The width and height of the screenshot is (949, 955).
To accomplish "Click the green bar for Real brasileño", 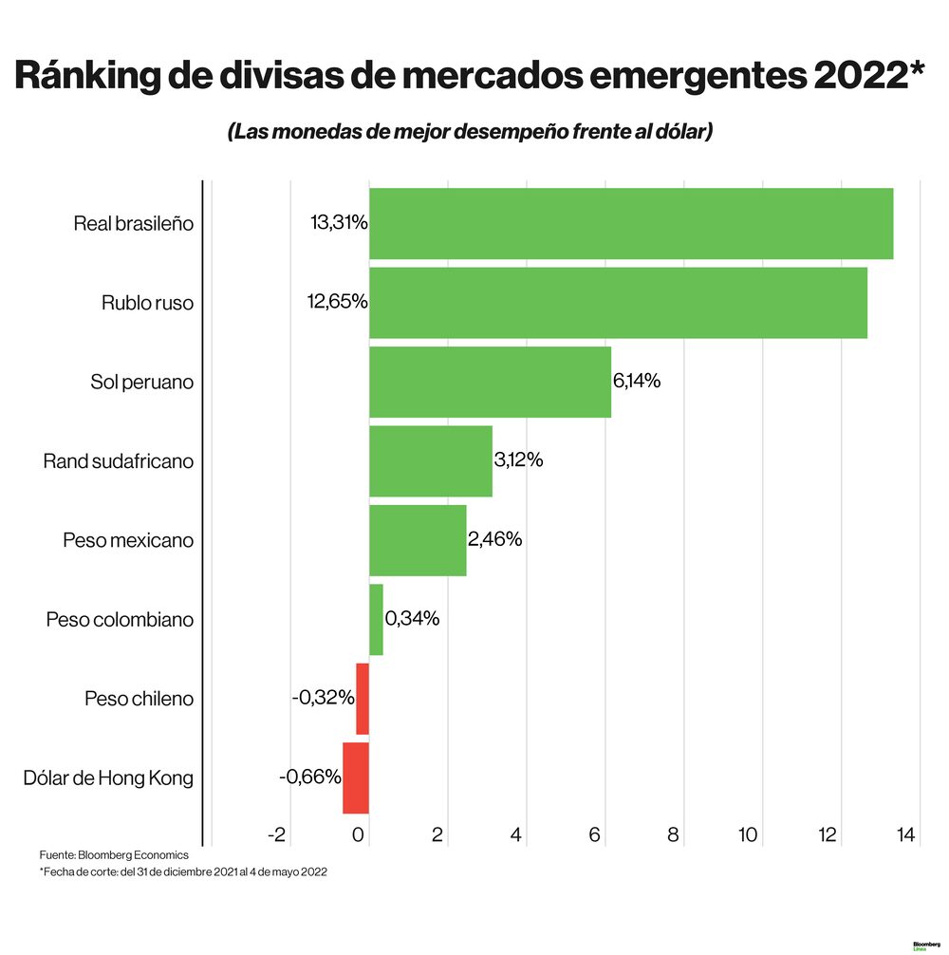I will [x=630, y=224].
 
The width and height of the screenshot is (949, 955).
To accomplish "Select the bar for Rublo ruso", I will [x=617, y=303].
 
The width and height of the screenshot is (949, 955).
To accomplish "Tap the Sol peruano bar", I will [x=490, y=382].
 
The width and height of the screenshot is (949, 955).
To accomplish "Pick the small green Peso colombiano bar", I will [x=376, y=619].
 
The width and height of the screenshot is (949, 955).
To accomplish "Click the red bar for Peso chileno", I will [x=363, y=699].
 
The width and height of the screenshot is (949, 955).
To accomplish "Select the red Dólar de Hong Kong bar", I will [x=356, y=777].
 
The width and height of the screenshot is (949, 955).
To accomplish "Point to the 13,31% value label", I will [x=339, y=223].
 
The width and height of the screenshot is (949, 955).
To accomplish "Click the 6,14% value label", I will [x=637, y=381].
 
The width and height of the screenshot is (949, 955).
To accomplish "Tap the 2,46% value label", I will [x=494, y=539].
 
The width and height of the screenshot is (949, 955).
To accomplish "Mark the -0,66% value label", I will [x=310, y=777].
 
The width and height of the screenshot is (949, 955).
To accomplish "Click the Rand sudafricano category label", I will [x=118, y=461].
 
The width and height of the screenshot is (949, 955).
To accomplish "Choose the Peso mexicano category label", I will [x=128, y=540].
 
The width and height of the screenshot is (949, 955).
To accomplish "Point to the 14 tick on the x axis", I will [x=904, y=835].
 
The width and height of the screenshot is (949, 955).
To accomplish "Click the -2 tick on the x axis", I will [x=276, y=835].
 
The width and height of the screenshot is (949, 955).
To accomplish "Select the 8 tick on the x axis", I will [x=674, y=835].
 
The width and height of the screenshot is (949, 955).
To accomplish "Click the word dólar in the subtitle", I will [x=674, y=132].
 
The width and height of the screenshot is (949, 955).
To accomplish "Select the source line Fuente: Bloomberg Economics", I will [x=114, y=854].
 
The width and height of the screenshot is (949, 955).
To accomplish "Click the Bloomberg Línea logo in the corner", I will [x=926, y=946].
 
